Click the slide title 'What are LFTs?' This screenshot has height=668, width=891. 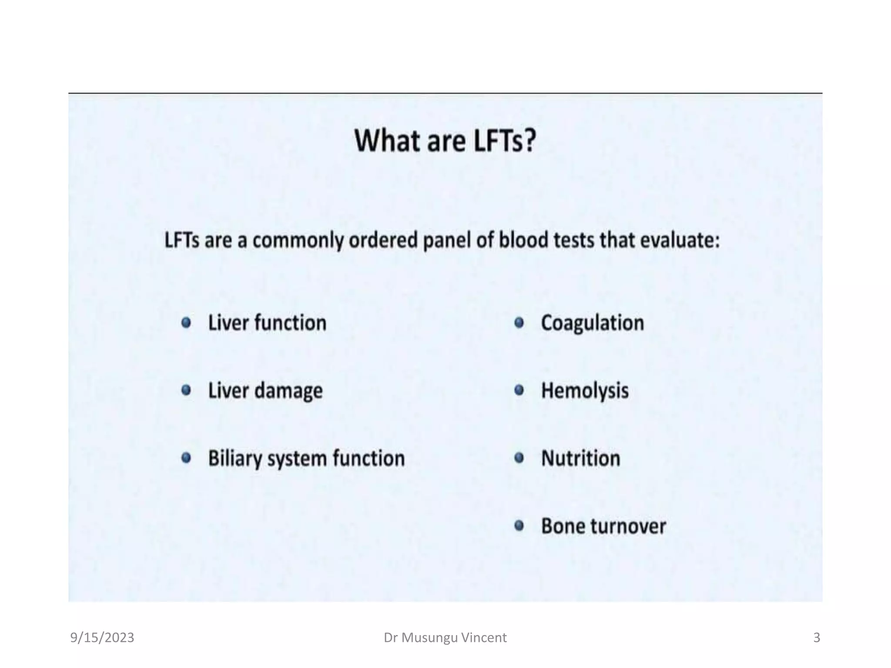(445, 141)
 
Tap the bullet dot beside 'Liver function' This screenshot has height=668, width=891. (186, 323)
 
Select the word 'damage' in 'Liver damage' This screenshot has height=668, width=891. (288, 391)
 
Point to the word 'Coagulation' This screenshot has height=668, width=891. (592, 323)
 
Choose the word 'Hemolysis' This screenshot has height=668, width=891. (585, 391)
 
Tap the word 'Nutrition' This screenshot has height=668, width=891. (580, 458)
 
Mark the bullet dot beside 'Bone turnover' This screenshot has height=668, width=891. (519, 526)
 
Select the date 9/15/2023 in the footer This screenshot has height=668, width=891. (102, 638)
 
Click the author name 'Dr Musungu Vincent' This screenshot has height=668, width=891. (445, 638)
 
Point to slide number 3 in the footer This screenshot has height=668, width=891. (817, 638)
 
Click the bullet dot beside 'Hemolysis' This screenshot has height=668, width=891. (519, 390)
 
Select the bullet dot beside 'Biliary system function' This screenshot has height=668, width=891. (186, 458)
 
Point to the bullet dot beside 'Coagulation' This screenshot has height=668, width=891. (519, 323)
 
